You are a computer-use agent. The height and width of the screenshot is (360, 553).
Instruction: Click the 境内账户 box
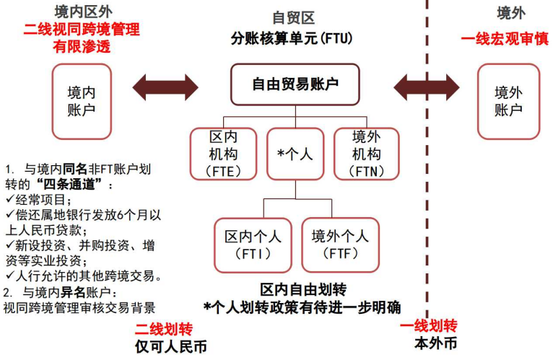click(x=82, y=101)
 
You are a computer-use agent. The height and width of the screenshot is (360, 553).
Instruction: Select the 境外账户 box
click(x=508, y=101)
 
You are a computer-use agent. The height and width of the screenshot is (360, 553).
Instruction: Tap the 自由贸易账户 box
click(x=295, y=84)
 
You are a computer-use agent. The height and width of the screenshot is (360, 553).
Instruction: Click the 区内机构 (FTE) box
click(x=223, y=153)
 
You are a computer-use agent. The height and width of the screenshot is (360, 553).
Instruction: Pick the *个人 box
click(x=295, y=153)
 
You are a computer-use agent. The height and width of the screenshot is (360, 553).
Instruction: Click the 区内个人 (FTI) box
click(x=253, y=244)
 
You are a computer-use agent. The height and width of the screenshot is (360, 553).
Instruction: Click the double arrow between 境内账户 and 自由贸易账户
click(x=165, y=87)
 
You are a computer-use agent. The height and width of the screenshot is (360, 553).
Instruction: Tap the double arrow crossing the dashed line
click(x=426, y=87)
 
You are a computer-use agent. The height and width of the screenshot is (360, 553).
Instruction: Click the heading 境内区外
click(x=82, y=12)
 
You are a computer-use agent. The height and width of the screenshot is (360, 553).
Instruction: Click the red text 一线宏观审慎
click(x=504, y=38)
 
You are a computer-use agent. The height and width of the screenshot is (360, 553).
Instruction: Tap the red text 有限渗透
click(x=82, y=46)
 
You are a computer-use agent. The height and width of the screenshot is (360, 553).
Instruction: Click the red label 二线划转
click(x=165, y=330)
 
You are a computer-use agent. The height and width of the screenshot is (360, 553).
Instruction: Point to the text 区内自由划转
click(x=303, y=290)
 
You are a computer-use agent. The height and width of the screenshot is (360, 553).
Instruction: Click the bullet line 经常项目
click(x=42, y=200)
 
